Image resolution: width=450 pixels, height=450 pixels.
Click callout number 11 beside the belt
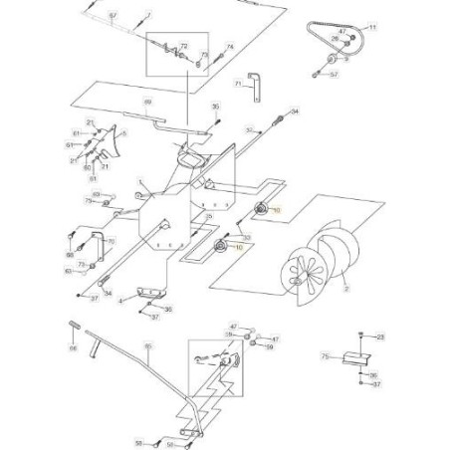[x=374, y=27]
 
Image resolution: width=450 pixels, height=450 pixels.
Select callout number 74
[x=230, y=47]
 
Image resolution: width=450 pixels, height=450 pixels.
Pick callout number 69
[x=148, y=103]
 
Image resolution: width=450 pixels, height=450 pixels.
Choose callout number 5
[x=123, y=132]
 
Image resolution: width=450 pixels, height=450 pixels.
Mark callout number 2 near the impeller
[x=346, y=290]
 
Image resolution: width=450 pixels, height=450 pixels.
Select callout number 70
[x=112, y=242]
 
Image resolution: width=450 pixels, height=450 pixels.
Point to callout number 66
[x=73, y=348]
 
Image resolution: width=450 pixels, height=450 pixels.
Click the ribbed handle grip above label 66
[x=75, y=328]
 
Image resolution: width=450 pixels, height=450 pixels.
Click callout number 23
[x=379, y=338]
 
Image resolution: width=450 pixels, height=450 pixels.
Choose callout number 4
[x=120, y=299]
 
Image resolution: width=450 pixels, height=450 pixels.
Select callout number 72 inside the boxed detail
[x=183, y=46]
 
